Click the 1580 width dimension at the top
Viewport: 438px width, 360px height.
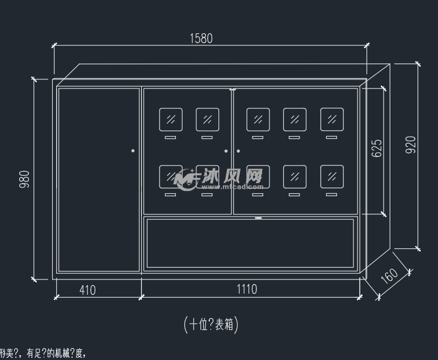(201, 39)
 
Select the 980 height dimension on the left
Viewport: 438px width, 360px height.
(24, 179)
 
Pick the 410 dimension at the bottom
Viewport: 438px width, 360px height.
(87, 290)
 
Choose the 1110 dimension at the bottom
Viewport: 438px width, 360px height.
(246, 289)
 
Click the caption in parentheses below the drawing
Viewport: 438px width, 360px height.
(211, 324)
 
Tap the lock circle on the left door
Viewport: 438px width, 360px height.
(133, 151)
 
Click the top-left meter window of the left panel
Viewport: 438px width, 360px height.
(171, 119)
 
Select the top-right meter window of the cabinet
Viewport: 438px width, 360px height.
(332, 119)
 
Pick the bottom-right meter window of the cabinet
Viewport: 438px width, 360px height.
(332, 176)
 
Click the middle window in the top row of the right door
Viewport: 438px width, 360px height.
(294, 119)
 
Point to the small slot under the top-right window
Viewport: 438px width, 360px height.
(332, 137)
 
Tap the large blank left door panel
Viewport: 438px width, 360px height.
(99, 179)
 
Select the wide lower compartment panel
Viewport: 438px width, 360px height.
(250, 243)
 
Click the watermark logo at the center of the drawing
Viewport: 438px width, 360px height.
(219, 178)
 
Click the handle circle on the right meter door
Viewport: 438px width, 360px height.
(238, 151)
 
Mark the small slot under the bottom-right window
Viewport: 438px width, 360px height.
(332, 194)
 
